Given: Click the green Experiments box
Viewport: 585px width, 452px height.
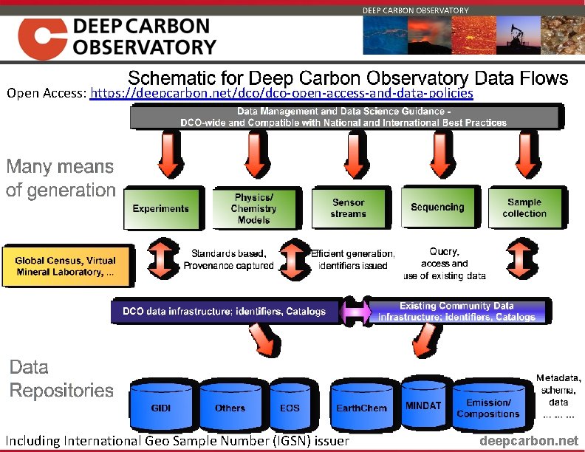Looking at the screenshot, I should click(160, 208).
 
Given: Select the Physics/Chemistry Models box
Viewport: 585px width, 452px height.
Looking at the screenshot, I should click(253, 208).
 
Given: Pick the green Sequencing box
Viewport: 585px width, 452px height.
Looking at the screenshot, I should click(437, 208).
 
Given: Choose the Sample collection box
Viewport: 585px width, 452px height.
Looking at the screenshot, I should click(524, 208).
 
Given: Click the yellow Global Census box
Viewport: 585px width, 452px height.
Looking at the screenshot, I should click(66, 267).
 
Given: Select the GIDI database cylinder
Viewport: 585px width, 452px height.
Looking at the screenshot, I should click(160, 408).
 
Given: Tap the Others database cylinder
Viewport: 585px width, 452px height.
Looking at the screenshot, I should click(230, 408).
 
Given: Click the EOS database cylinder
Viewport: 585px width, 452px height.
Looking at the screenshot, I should click(290, 408).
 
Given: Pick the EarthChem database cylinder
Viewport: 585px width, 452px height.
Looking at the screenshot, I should click(361, 408).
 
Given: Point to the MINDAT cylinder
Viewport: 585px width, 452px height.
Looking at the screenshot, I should click(423, 405).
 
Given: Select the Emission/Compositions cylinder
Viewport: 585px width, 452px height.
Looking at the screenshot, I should click(488, 408).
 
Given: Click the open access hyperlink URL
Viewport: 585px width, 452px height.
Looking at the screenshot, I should click(281, 95).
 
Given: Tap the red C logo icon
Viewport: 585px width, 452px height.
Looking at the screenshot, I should click(42, 38).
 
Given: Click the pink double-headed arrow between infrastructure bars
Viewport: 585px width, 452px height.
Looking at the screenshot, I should click(355, 312).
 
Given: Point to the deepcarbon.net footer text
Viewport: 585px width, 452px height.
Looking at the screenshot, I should click(530, 441).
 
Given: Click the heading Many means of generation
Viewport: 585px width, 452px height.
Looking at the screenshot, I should click(61, 178).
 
